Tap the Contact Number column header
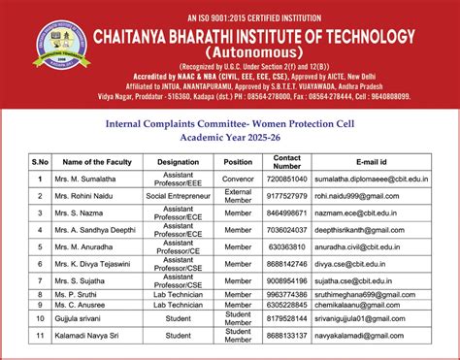tap(287, 161)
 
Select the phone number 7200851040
tap(287, 180)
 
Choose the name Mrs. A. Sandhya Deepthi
tap(98, 230)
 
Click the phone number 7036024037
tap(287, 230)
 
